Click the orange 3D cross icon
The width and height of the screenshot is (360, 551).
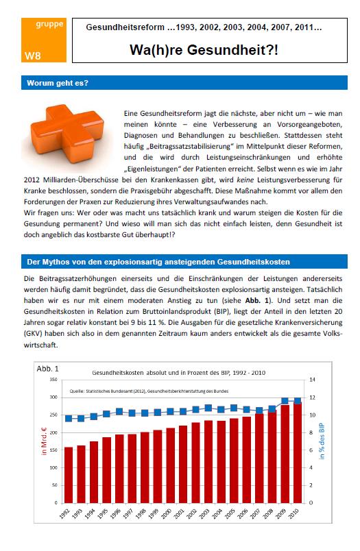[x=67, y=134]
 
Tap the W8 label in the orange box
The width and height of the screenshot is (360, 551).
[x=32, y=56]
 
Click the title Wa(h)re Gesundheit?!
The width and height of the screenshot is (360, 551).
[x=204, y=49]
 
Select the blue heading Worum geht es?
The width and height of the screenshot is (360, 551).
[x=58, y=83]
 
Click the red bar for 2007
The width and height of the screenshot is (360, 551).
[x=259, y=458]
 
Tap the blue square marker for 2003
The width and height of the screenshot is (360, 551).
[x=208, y=408]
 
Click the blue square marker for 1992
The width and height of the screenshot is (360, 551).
[x=69, y=419]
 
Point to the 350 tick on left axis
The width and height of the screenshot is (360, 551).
[x=53, y=380]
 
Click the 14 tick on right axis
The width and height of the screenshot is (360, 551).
[x=312, y=380]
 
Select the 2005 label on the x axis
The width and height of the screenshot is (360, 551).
[x=230, y=514]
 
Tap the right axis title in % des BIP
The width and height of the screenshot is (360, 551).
[x=322, y=441]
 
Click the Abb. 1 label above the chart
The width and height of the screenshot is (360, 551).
[x=47, y=369]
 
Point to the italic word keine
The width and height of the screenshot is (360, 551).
[x=245, y=180]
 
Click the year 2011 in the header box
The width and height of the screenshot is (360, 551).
[x=304, y=27]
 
